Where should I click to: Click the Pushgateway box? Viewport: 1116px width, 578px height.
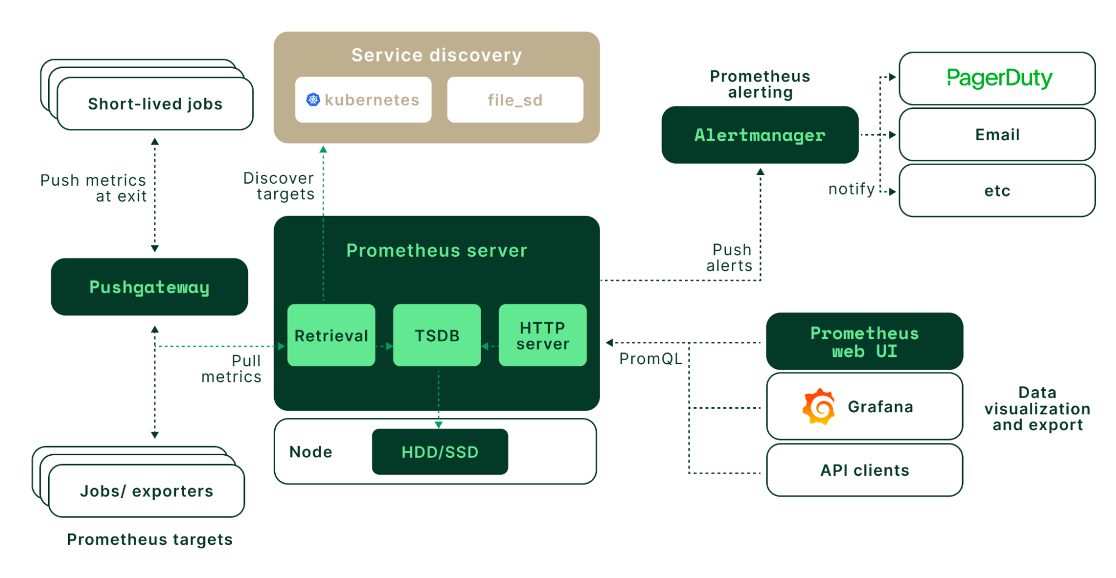pos(149,287)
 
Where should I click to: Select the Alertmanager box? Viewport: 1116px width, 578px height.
pos(759,135)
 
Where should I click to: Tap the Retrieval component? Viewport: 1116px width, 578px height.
pos(331,336)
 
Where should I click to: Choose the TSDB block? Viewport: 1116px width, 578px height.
pos(437,336)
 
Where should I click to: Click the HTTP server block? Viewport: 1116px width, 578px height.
pos(542,336)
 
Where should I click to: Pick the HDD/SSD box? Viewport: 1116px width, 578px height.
pos(440,452)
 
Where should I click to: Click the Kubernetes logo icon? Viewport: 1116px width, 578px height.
pos(313,100)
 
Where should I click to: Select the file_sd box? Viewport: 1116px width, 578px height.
pos(515,100)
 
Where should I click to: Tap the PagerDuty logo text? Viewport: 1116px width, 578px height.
pos(999,78)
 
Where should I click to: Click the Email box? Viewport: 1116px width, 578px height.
pos(997,135)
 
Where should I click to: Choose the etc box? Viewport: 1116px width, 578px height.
pos(997,191)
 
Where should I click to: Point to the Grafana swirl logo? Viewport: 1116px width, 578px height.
pos(818,407)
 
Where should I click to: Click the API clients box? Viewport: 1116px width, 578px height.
pos(864,470)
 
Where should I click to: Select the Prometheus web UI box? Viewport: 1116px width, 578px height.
pos(864,342)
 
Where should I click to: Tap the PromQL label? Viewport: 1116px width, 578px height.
pos(651,359)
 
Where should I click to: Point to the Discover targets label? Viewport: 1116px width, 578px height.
pos(279,186)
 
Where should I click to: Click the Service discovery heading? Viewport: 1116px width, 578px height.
pos(437,55)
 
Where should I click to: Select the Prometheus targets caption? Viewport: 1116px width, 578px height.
pos(150,539)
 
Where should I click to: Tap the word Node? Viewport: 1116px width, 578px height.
pos(310,452)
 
